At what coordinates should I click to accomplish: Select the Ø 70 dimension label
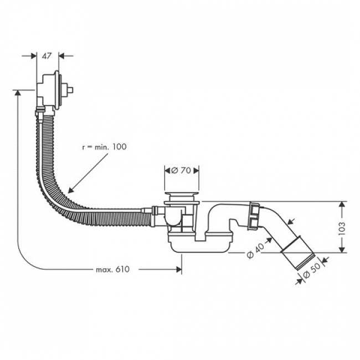pos(181,171)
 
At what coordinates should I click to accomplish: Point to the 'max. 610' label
pos(112,269)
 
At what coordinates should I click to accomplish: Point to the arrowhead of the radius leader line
pos(67,190)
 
